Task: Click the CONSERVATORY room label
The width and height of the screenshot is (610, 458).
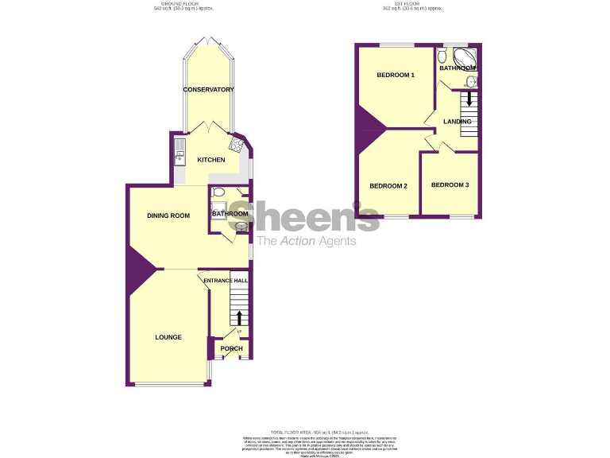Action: (x=209, y=90)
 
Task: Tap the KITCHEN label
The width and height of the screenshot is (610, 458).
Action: (x=211, y=160)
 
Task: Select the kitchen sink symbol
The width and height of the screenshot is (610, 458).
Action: (x=180, y=153)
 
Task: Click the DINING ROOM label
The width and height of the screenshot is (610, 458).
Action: (x=168, y=215)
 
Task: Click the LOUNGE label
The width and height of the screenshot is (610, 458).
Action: (x=168, y=337)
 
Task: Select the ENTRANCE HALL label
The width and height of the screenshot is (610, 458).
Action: (x=226, y=281)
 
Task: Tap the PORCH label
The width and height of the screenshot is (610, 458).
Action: (x=231, y=349)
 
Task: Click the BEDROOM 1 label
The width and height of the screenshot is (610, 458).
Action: (x=396, y=76)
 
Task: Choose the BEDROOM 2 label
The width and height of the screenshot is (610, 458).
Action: (x=388, y=186)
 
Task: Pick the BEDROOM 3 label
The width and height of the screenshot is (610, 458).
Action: (x=450, y=185)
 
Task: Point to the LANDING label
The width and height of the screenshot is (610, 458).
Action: (x=457, y=122)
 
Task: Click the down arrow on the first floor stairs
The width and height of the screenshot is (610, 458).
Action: (x=469, y=99)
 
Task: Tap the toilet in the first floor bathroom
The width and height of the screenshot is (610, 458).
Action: (x=442, y=56)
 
